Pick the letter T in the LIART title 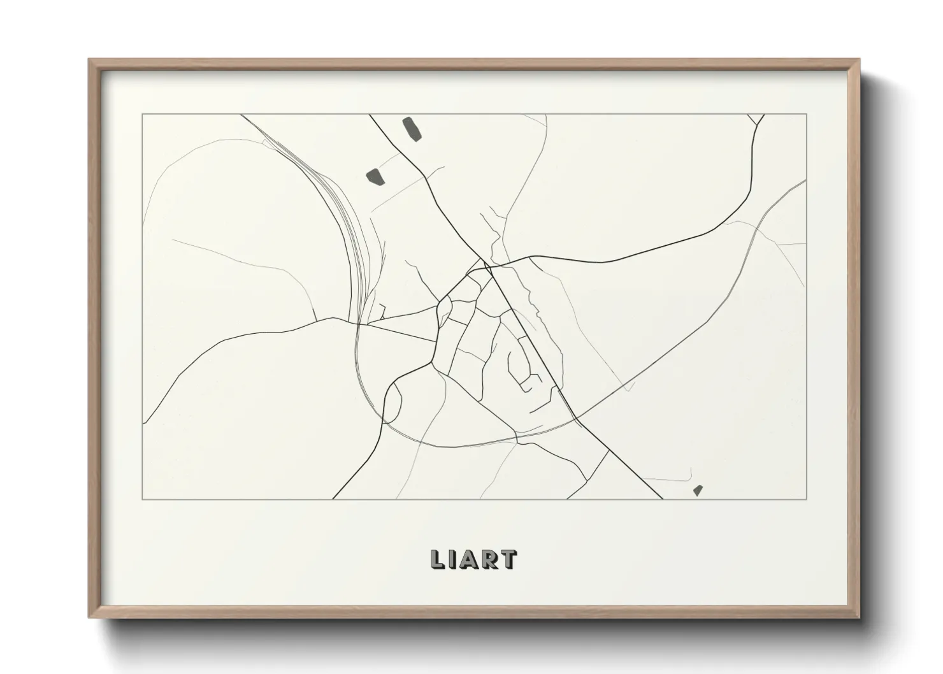tap(508, 559)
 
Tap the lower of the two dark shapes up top tap(374, 175)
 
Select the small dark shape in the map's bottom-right tap(698, 490)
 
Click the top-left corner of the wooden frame tap(90, 61)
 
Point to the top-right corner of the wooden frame tap(858, 61)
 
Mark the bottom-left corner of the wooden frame tap(90, 617)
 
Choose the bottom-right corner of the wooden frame tap(858, 617)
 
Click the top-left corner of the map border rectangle tap(142, 115)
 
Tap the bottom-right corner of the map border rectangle tap(807, 499)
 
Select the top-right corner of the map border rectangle tap(807, 115)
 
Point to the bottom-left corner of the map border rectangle tap(142, 499)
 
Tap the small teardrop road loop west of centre tap(444, 312)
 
